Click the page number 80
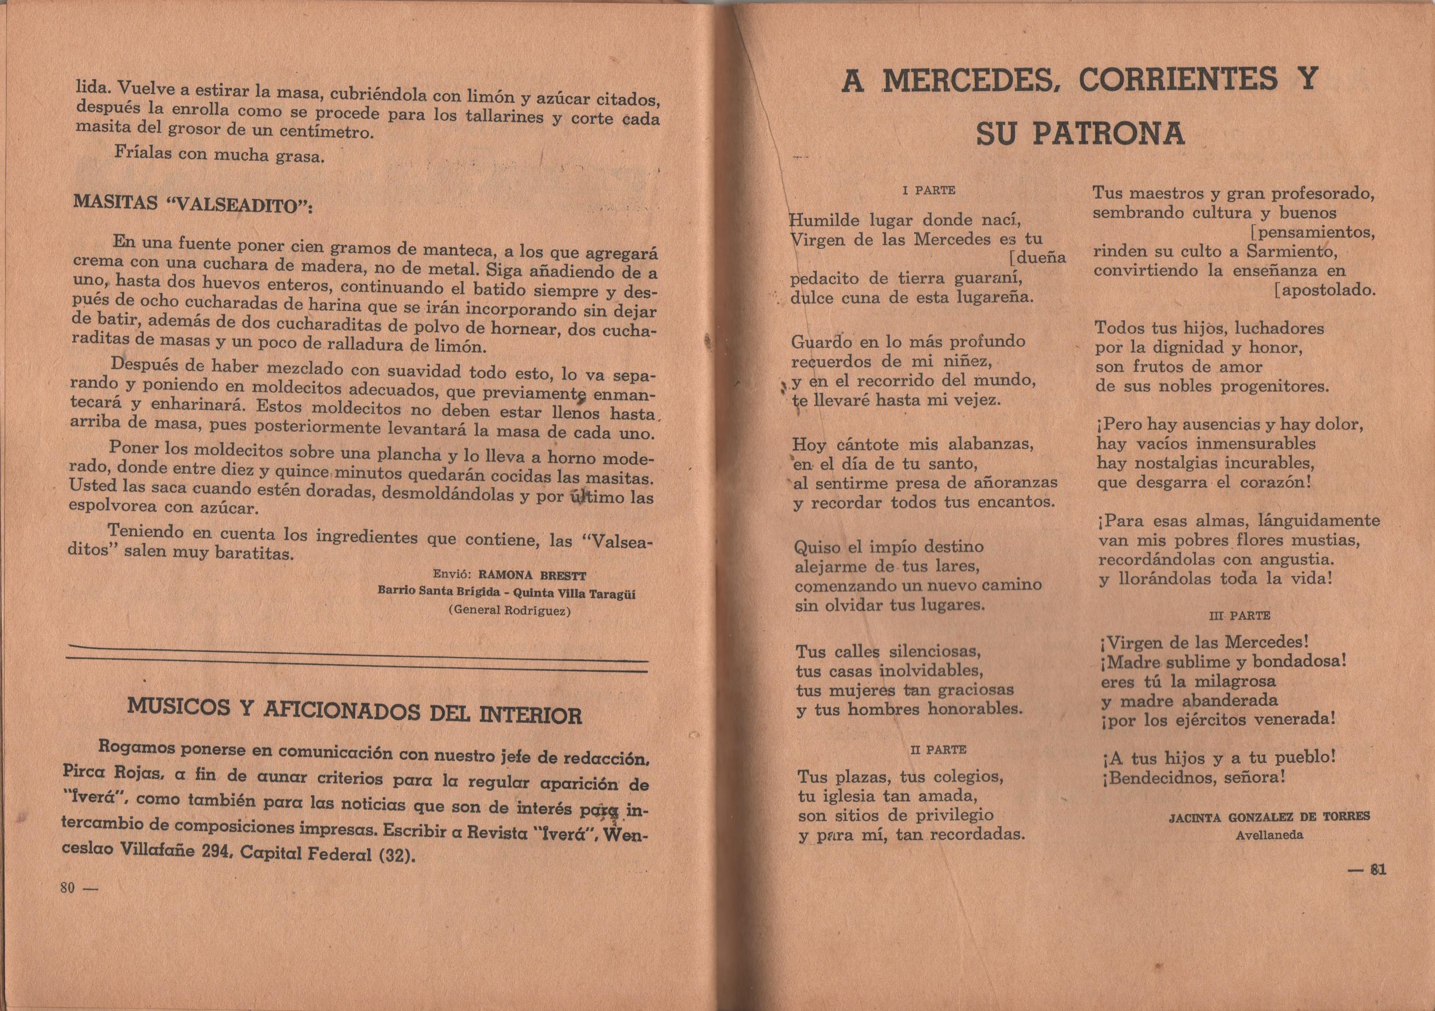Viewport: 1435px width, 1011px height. click(67, 888)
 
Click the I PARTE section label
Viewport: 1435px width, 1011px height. click(929, 190)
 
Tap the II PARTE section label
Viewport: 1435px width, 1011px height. click(939, 749)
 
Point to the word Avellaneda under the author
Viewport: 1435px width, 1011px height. click(1269, 834)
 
